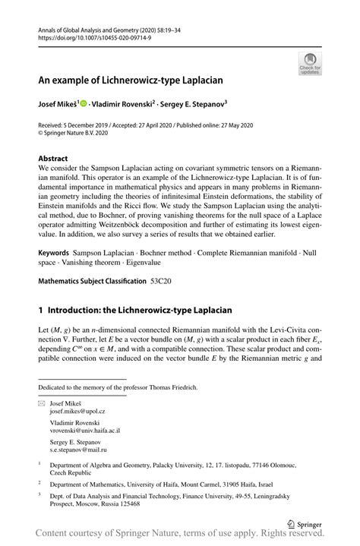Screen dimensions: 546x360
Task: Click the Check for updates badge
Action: (x=311, y=65)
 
